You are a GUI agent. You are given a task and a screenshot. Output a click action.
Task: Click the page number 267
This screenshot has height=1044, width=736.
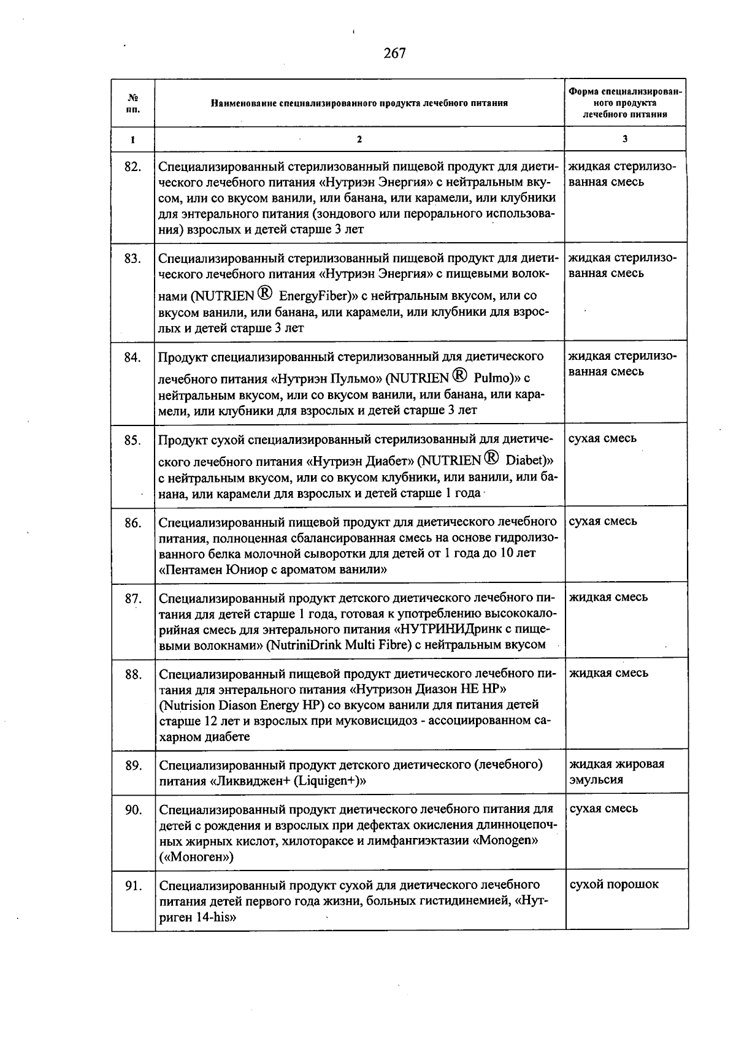tap(395, 54)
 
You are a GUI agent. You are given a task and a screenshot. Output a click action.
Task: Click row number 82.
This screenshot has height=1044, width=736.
tap(132, 167)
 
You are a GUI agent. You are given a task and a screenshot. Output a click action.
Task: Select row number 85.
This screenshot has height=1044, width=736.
tap(132, 440)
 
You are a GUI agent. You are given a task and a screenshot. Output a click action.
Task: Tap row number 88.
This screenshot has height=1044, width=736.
tap(133, 674)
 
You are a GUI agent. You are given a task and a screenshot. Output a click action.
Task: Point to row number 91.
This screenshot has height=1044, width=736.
tap(133, 886)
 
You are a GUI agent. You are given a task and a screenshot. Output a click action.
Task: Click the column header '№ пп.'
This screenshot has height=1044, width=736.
tap(132, 103)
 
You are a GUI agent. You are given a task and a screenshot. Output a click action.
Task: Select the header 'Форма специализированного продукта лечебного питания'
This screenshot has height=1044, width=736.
tap(625, 103)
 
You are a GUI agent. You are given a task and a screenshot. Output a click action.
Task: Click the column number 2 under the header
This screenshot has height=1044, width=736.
tap(359, 140)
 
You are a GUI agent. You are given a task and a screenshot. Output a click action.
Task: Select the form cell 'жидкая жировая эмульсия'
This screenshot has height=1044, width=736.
tap(616, 772)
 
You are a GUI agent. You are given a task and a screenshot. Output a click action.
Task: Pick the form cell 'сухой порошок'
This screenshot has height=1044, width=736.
tap(614, 885)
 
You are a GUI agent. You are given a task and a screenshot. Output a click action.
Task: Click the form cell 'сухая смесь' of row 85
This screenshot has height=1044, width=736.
tap(602, 439)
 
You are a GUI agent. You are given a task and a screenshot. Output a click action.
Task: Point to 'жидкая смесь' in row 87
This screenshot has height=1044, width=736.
tap(608, 598)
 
